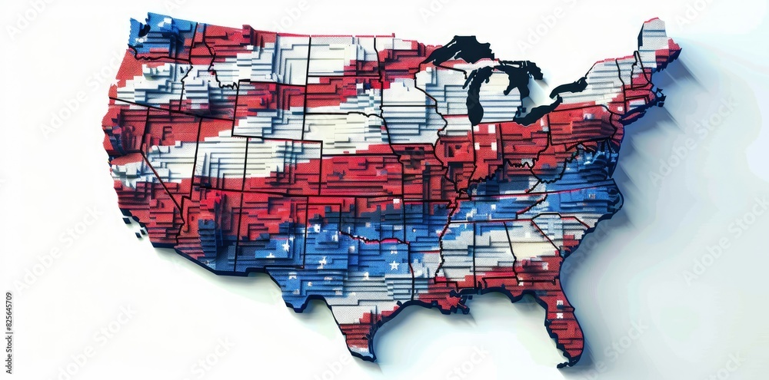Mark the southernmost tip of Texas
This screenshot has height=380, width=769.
(368, 356)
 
